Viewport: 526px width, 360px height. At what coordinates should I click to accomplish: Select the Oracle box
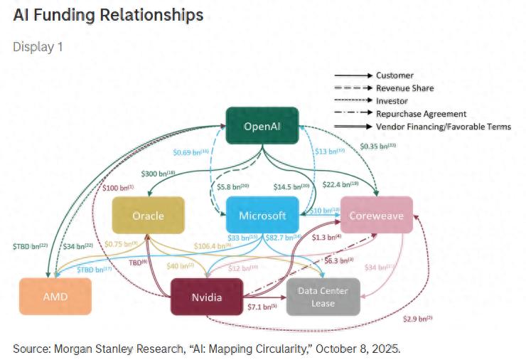pos(148,216)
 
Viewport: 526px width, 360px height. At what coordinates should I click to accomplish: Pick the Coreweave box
pos(377,216)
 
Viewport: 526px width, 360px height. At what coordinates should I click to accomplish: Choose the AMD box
pos(55,296)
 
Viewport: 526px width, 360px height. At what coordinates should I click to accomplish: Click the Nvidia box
pos(206,296)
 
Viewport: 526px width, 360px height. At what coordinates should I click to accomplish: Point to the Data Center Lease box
pos(323,296)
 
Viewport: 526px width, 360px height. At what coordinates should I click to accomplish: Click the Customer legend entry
pos(394,75)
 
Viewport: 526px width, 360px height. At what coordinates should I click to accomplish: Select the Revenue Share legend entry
pos(404,88)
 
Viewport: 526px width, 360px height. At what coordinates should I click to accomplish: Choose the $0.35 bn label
pos(377,146)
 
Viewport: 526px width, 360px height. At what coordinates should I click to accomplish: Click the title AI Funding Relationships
pos(108,15)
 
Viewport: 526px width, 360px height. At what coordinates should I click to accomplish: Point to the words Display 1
pos(38,46)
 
